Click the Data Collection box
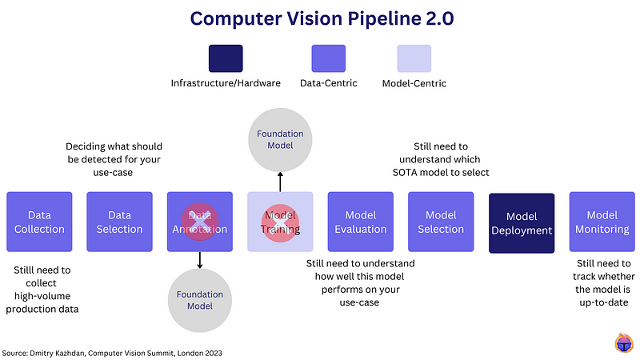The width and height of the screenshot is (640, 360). [39, 222]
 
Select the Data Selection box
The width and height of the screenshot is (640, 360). [119, 222]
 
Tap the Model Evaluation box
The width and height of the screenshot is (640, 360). [360, 222]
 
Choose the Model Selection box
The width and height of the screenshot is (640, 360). [440, 222]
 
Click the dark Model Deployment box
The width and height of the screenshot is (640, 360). [521, 222]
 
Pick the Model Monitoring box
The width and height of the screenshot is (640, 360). [602, 222]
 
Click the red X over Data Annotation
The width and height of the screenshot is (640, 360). [200, 222]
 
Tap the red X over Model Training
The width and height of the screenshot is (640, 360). [280, 222]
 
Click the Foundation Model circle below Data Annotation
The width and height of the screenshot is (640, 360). [200, 299]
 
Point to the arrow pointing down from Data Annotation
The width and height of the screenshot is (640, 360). [200, 259]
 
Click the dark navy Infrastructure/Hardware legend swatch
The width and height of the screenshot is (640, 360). [226, 58]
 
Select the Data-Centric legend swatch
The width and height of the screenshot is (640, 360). [328, 58]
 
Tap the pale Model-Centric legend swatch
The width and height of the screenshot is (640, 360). [414, 58]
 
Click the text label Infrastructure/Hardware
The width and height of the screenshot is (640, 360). [226, 83]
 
